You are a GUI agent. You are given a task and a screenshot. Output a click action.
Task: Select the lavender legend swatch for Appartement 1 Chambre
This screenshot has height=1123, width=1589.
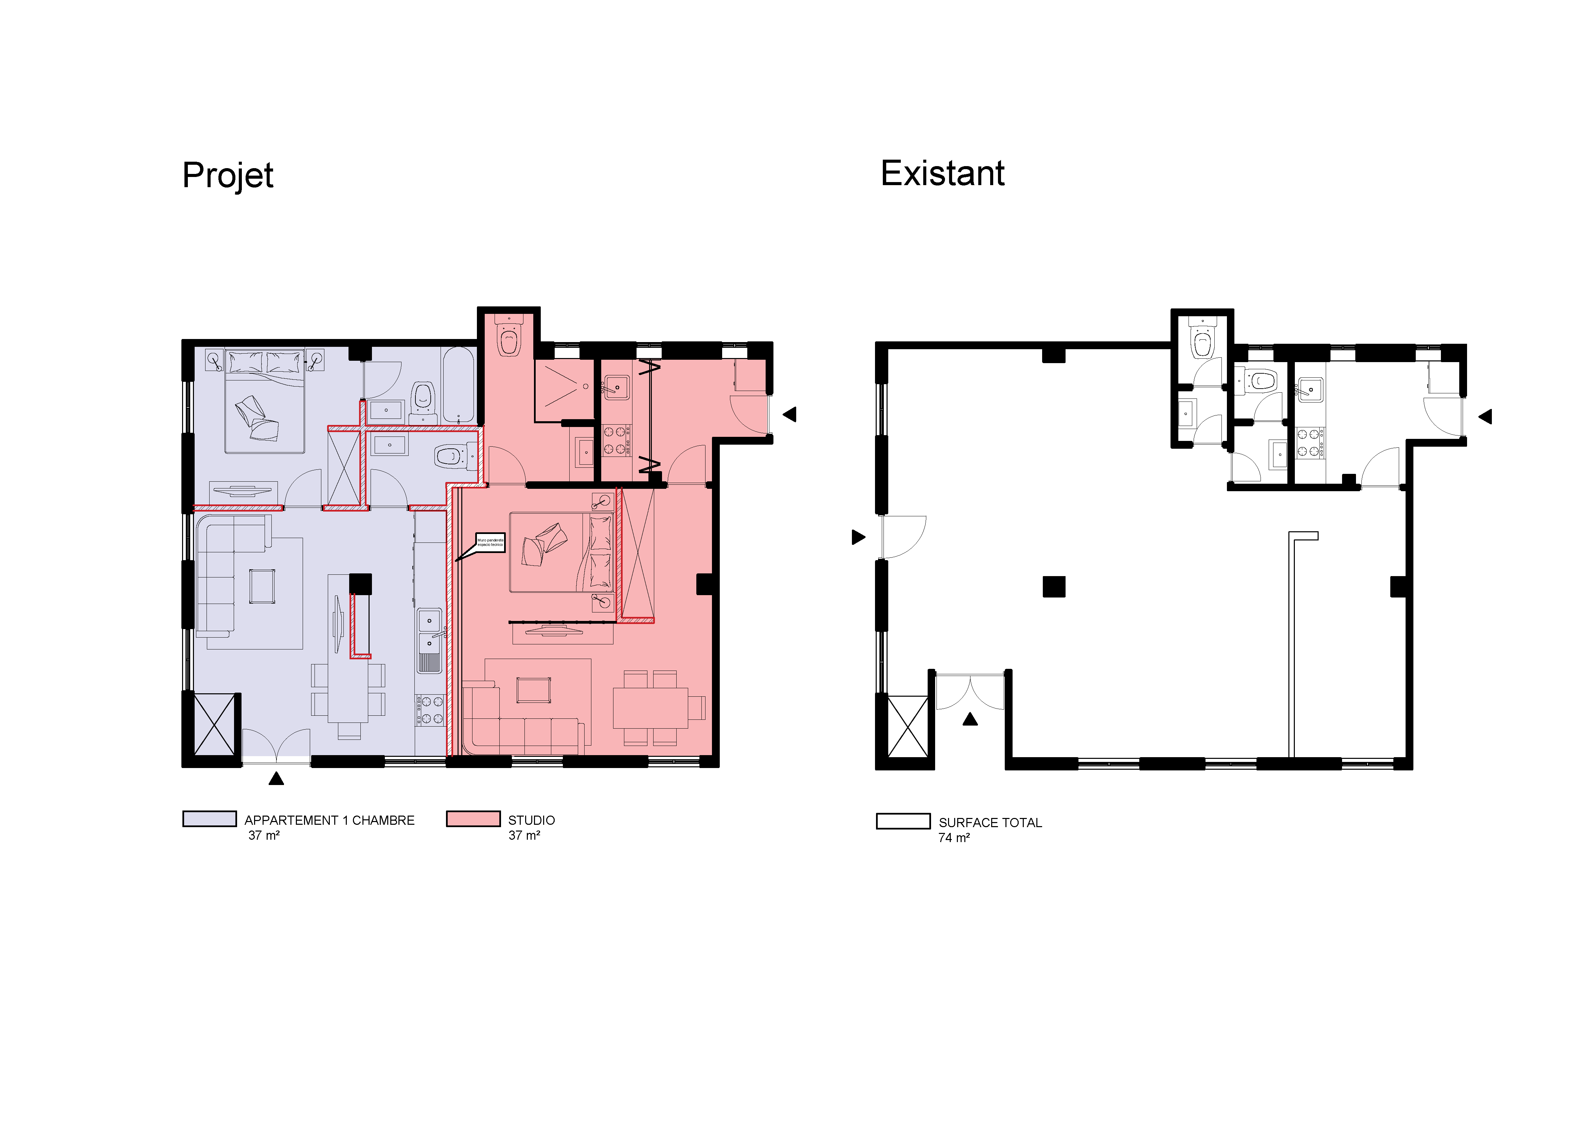209,819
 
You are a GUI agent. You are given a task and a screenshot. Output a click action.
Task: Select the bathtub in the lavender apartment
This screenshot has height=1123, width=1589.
458,385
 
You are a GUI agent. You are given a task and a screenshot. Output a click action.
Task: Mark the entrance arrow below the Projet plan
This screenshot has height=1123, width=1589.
276,779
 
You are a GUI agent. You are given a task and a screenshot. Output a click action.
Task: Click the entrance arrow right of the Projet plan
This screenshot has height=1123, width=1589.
790,414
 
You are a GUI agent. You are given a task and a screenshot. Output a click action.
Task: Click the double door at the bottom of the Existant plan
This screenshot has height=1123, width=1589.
969,692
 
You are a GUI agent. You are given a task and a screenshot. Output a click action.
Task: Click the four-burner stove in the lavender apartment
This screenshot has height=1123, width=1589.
429,710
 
